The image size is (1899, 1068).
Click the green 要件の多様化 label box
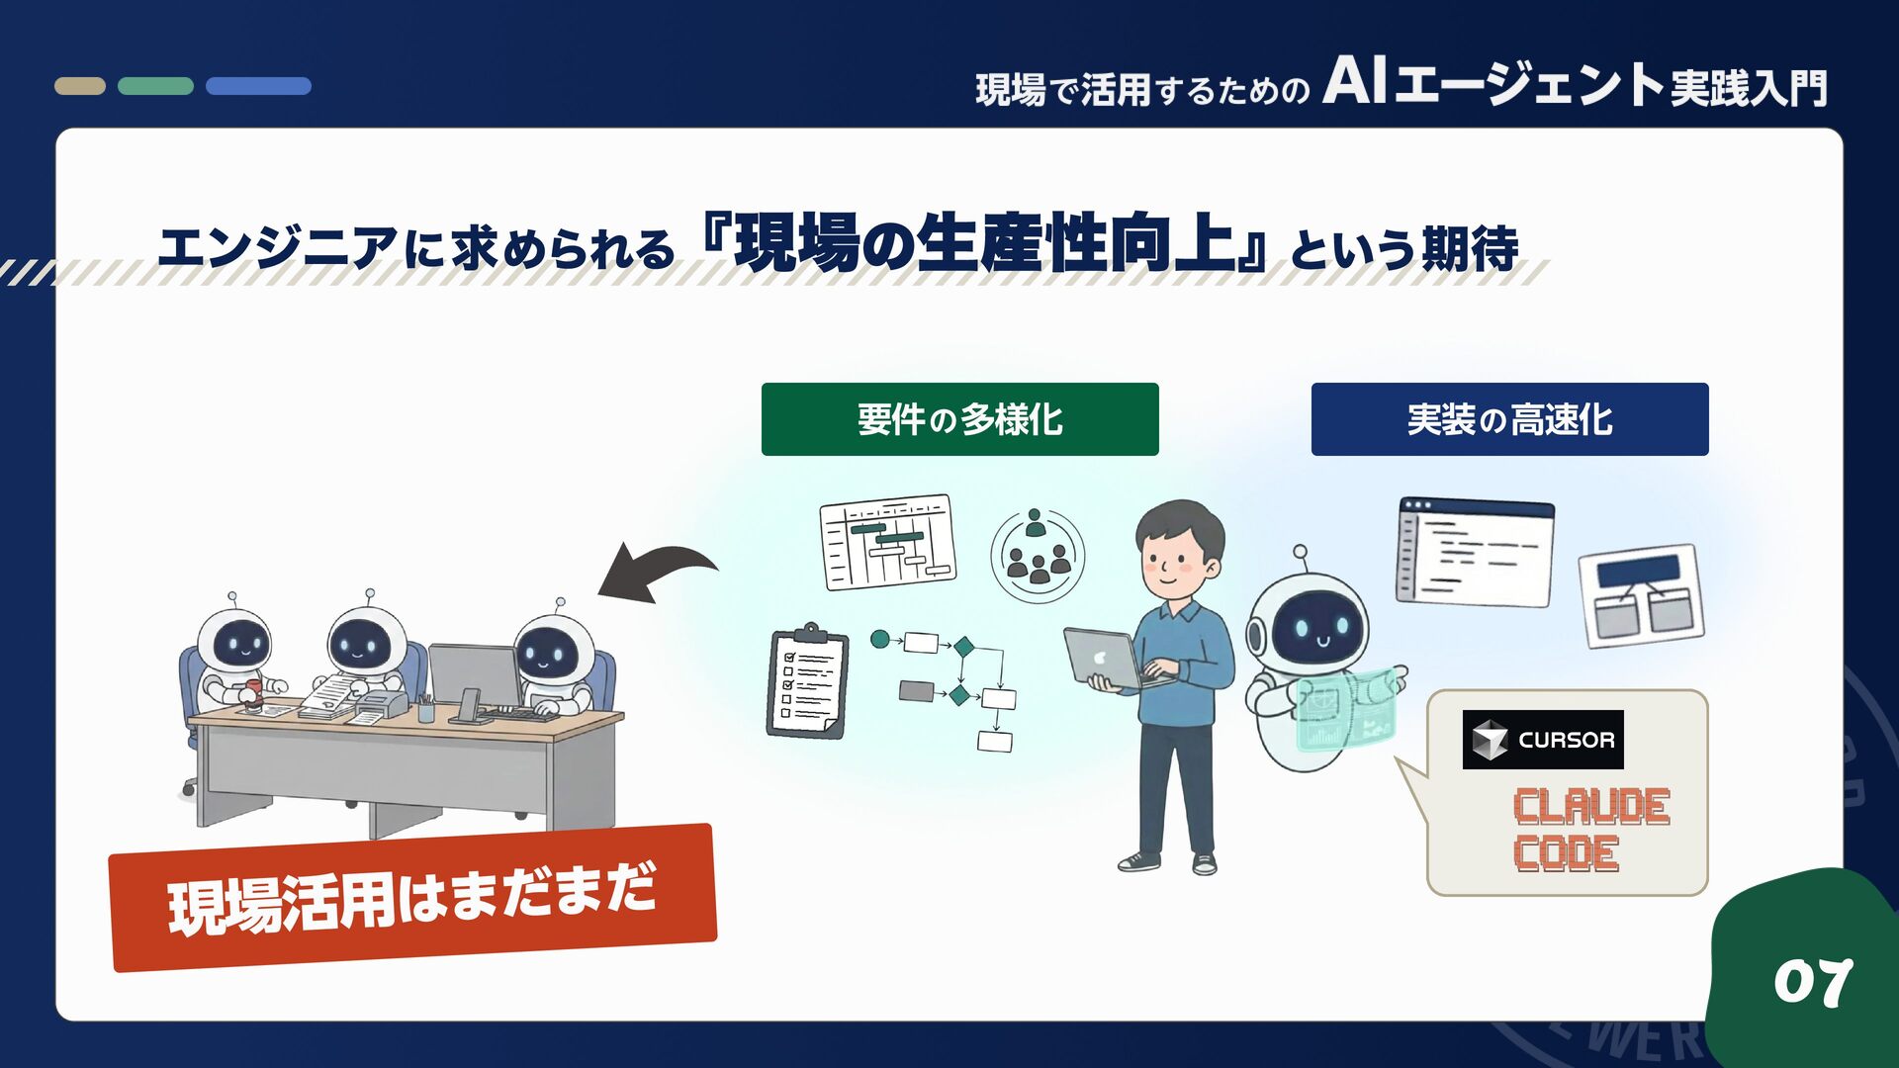959,419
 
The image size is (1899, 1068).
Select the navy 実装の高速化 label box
1509,419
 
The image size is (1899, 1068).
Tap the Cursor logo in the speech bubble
1542,740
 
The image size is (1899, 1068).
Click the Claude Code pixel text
1590,830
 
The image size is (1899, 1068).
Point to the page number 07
1812,982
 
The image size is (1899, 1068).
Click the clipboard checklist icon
808,682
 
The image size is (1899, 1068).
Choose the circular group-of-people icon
1037,555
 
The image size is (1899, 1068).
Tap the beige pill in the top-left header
80,86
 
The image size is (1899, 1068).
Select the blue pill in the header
258,86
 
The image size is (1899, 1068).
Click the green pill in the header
155,86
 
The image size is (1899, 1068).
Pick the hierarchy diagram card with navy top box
1641,596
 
